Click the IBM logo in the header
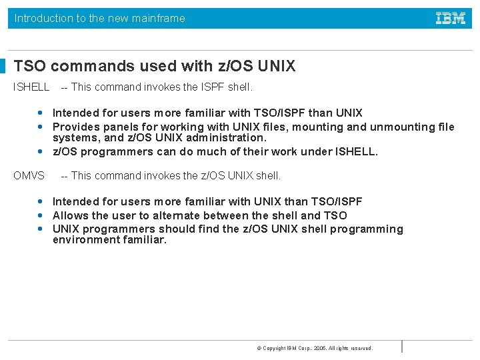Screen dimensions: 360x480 [451, 19]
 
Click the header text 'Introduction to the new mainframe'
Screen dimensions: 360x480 [100, 19]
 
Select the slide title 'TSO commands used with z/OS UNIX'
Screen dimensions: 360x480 [155, 66]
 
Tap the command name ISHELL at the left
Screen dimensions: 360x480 [32, 87]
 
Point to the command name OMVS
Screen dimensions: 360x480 [29, 176]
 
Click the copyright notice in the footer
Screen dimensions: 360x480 [315, 348]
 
